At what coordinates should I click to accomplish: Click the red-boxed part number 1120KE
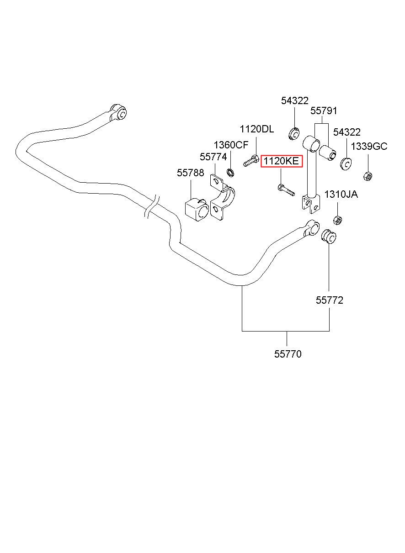coord(281,161)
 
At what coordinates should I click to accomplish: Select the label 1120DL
coord(257,129)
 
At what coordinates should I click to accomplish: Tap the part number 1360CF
coord(231,145)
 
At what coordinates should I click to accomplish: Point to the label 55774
coord(213,157)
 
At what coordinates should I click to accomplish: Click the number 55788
coord(190,173)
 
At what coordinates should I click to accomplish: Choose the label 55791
coord(324,111)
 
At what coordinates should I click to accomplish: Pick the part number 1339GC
coord(369,147)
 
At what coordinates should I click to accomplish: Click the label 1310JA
coord(341,194)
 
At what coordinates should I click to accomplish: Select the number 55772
coord(330,300)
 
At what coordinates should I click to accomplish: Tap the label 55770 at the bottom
coord(288,354)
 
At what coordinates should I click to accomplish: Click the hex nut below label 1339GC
coord(368,176)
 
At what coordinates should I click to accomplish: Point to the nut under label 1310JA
coord(337,220)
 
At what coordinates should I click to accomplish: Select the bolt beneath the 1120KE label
coord(286,190)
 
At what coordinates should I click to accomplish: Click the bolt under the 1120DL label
coord(251,160)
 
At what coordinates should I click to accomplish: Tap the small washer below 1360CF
coord(230,173)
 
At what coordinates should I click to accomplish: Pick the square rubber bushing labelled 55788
coord(197,209)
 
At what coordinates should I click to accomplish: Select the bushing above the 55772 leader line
coord(328,237)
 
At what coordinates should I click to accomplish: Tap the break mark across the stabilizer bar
coord(151,207)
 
